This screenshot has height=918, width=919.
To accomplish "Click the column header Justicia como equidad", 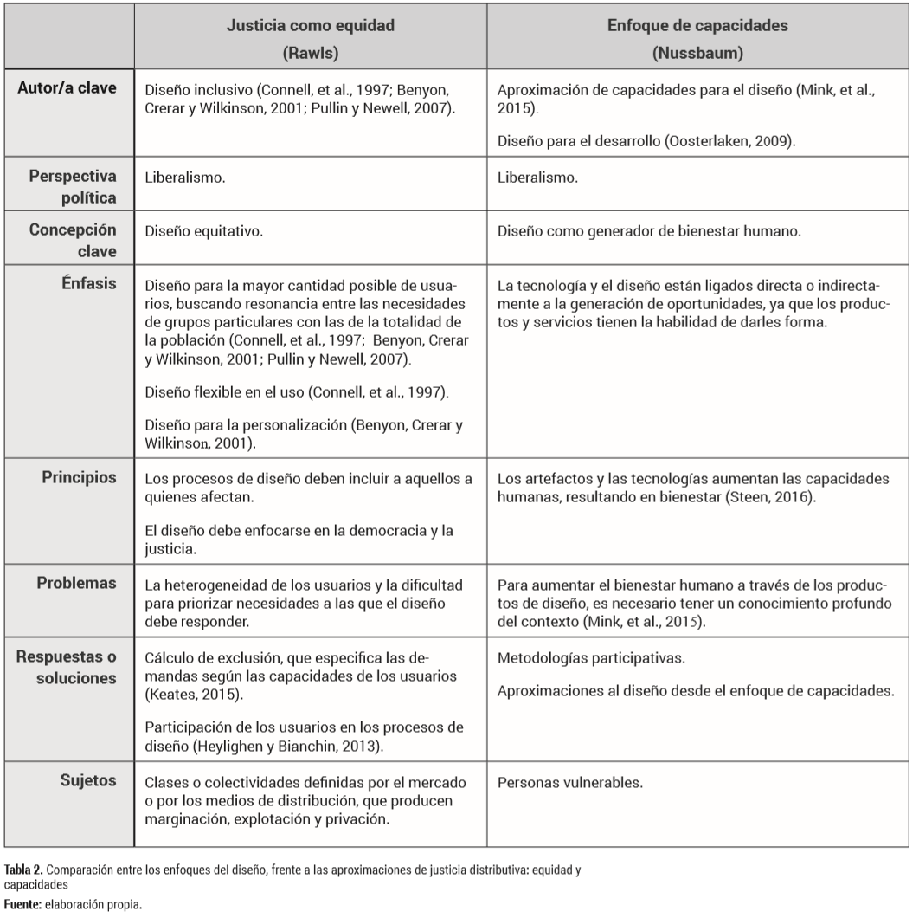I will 310,26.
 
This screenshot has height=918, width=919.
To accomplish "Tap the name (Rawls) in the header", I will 310,52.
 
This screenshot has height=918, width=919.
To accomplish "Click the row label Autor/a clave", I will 74,89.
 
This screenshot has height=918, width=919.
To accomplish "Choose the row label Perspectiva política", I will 78,188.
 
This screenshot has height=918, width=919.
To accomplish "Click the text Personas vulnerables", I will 570,782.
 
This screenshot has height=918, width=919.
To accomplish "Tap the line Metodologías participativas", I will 592,658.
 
